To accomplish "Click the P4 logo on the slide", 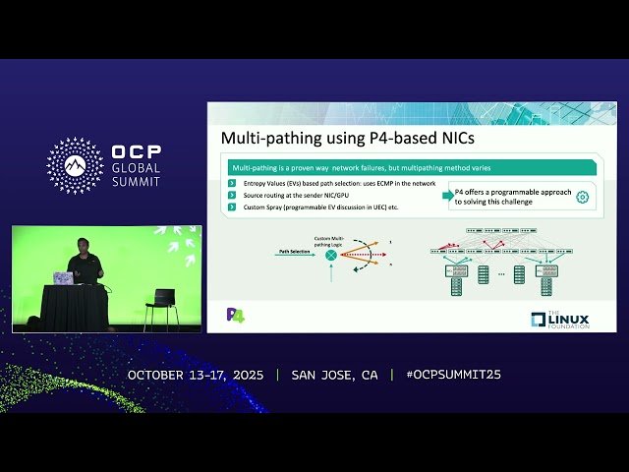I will [x=235, y=315].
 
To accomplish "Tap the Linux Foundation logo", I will [x=560, y=319].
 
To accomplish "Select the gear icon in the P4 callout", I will [x=582, y=197].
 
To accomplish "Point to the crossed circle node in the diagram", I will [x=331, y=255].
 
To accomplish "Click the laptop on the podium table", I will [x=63, y=279].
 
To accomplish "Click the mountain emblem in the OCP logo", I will [x=75, y=165].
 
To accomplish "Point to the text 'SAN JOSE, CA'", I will [x=334, y=376].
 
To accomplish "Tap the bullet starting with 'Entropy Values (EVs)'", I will [x=324, y=185].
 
